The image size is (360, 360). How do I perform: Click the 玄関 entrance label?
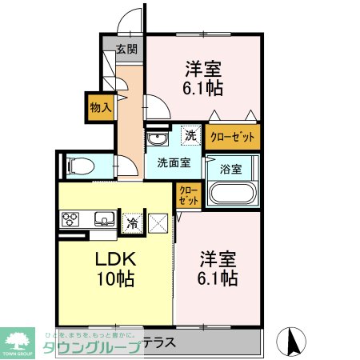(126, 49)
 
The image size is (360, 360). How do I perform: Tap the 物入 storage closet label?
(100, 107)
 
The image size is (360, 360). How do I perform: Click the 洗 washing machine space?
(190, 136)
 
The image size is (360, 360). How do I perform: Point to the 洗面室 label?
(173, 162)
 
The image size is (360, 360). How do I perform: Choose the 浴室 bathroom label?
(230, 168)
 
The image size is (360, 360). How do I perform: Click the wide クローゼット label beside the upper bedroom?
(232, 137)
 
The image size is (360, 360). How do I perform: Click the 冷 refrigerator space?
(132, 223)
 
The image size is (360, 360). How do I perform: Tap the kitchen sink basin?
(102, 218)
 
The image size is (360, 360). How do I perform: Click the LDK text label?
(118, 259)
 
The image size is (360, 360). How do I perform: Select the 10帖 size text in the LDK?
(116, 280)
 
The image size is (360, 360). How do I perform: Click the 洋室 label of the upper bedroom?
(204, 69)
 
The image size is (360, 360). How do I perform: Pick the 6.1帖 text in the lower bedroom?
(217, 278)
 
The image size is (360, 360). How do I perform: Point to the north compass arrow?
(291, 342)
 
